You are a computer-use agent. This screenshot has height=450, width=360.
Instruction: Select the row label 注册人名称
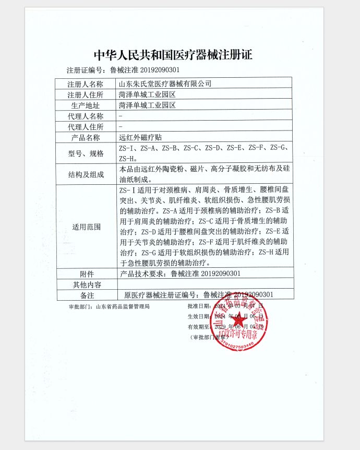coord(86,84)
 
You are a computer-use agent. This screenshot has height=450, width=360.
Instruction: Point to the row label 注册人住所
coord(86,94)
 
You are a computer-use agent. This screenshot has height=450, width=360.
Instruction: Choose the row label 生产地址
coord(86,105)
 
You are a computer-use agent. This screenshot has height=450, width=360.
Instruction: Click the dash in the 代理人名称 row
coord(121,116)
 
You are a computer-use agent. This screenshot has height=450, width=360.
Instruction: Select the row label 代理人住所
coord(86,127)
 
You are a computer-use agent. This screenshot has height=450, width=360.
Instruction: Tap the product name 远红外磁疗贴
coord(140,138)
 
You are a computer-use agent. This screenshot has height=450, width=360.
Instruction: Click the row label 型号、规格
coord(86,153)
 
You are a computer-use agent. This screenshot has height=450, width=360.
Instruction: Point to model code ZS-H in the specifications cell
coord(128,158)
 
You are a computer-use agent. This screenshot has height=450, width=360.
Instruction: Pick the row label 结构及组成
coord(86,174)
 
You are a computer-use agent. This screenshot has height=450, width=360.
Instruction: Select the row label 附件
coord(86,274)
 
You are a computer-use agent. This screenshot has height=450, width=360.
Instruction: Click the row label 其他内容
coord(86,285)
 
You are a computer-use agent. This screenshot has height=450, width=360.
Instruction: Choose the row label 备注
coord(86,295)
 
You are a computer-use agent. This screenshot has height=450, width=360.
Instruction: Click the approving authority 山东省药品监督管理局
coord(123,306)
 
